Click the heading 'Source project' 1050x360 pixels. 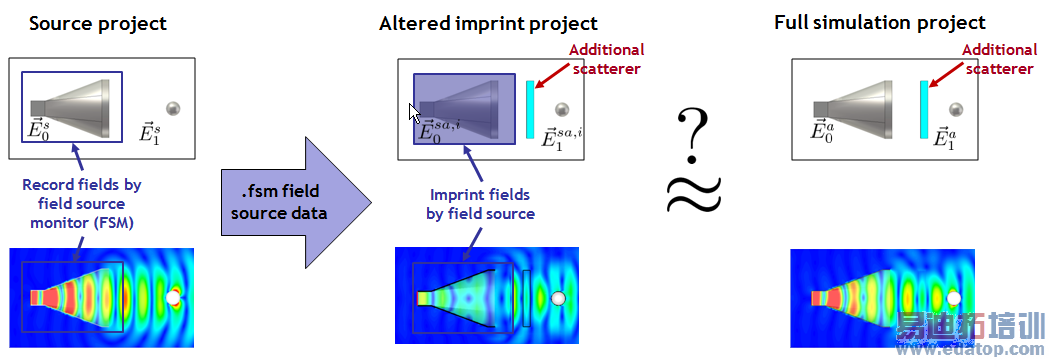click(98, 23)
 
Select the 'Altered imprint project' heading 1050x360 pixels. click(488, 23)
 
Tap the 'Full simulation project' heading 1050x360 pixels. click(880, 23)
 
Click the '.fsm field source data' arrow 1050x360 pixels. click(296, 202)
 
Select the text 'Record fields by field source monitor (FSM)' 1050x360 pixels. click(82, 204)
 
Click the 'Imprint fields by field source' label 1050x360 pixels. click(480, 204)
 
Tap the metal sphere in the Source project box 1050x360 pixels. click(173, 108)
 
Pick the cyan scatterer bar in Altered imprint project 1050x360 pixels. click(530, 110)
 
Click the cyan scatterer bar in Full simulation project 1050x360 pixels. click(924, 110)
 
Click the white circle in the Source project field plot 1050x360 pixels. click(174, 297)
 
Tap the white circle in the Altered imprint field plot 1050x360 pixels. click(558, 298)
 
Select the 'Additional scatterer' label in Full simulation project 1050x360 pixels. click(1000, 59)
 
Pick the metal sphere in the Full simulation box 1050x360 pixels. click(956, 108)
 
